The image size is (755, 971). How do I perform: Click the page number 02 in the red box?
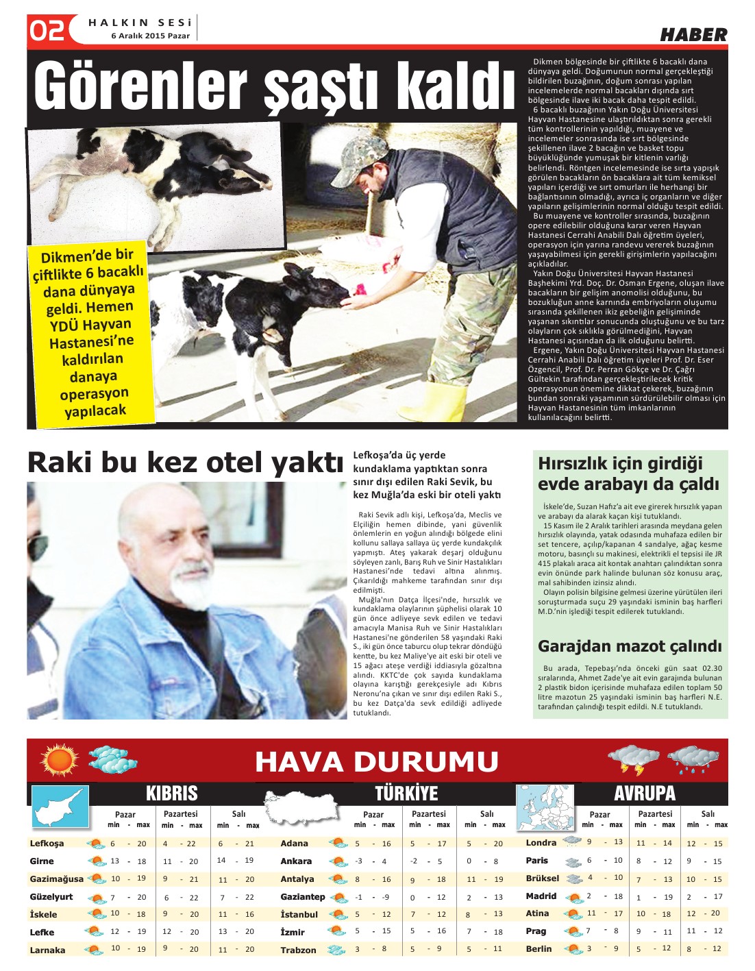47,31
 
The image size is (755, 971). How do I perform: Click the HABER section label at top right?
693,35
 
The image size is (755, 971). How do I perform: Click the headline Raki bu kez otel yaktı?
184,463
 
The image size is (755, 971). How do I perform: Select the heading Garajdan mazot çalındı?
630,646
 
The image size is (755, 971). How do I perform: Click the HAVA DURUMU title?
376,761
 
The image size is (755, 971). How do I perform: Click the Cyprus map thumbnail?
60,807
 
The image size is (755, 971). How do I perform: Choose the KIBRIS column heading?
171,794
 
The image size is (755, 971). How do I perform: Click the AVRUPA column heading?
644,794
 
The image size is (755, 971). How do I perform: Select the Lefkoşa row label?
47,844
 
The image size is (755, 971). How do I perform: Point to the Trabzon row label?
298,950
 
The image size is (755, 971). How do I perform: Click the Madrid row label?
541,896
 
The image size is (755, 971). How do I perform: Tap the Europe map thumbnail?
545,807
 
